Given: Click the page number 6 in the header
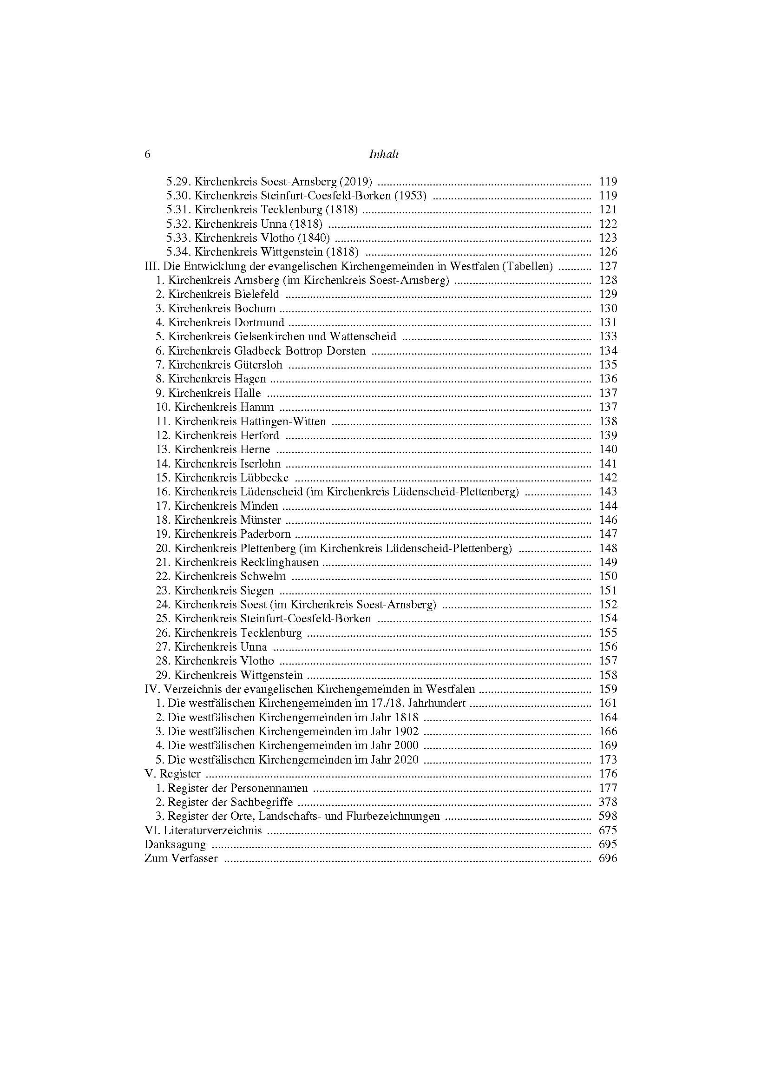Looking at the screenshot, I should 147,155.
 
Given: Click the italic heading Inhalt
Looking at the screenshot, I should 384,155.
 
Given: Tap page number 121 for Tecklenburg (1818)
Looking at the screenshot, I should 608,210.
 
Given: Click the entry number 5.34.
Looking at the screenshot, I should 178,252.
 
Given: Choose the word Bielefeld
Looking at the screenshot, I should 256,294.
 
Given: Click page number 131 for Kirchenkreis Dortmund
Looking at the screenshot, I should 608,323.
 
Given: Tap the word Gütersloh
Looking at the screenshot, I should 258,364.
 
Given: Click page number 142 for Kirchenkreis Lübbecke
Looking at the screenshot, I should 608,478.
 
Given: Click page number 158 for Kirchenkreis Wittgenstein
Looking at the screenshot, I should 608,675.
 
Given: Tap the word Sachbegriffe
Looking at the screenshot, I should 262,802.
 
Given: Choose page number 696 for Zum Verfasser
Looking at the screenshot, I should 608,858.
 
